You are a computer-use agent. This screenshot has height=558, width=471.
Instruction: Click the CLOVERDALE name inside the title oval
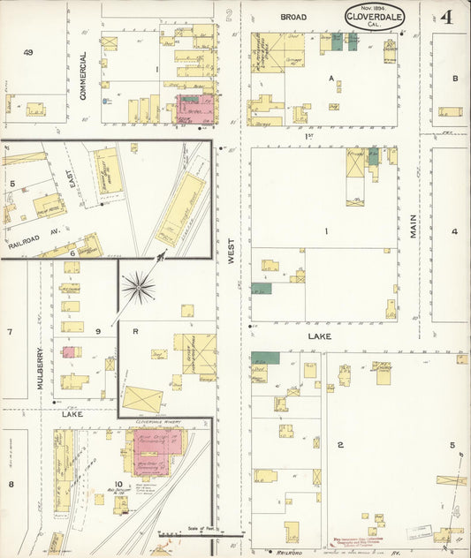[376, 16]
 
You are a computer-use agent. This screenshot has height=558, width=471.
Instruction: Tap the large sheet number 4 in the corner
[447, 16]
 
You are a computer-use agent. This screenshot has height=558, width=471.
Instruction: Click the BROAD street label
[293, 17]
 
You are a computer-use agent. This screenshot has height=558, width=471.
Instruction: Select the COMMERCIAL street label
[84, 75]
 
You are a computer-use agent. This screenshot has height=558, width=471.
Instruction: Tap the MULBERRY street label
[41, 365]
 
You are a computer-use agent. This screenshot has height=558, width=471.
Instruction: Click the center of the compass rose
[139, 286]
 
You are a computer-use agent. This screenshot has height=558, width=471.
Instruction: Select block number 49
[28, 53]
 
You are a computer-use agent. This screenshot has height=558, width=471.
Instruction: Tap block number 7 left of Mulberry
[10, 332]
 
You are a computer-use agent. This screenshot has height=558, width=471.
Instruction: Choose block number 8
[11, 484]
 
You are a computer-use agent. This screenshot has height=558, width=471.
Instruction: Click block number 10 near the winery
[118, 434]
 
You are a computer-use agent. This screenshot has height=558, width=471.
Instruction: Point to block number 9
[98, 331]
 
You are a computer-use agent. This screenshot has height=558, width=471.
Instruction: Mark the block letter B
[455, 79]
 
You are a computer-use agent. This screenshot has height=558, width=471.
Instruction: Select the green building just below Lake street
[265, 358]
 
